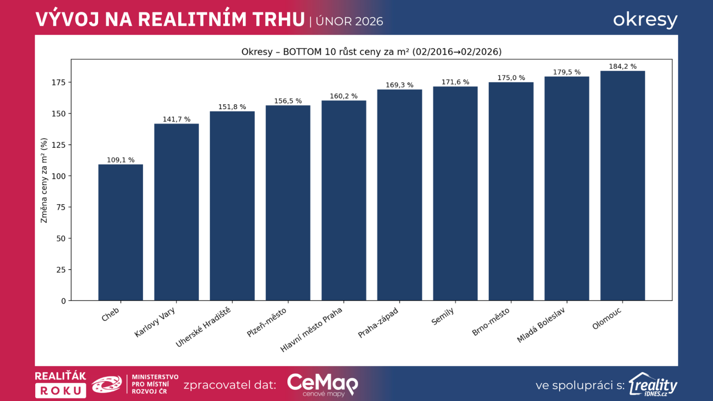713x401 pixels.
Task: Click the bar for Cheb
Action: (120, 233)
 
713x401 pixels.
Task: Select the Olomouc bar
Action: (622, 186)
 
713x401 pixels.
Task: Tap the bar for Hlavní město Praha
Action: (344, 200)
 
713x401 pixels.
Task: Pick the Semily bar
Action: (455, 193)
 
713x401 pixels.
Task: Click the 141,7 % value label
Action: (176, 119)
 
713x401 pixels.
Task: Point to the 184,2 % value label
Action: (623, 66)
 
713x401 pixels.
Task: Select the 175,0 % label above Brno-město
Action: (511, 78)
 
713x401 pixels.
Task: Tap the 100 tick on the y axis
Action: (58, 176)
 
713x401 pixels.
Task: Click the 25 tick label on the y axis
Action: (61, 270)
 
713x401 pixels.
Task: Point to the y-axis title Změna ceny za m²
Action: (44, 180)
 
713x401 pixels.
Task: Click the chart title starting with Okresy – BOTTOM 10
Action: (371, 52)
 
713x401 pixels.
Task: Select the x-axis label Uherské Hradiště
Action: (203, 327)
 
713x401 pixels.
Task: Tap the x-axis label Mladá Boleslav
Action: (541, 325)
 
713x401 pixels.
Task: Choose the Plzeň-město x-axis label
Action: (266, 323)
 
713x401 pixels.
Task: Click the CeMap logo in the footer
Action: (322, 385)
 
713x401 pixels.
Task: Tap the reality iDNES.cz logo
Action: (653, 385)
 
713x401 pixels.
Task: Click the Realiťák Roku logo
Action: (61, 385)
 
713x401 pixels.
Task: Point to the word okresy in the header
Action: (645, 20)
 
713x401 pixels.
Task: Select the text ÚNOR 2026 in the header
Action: (349, 21)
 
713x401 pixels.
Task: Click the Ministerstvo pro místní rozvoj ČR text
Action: (155, 384)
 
